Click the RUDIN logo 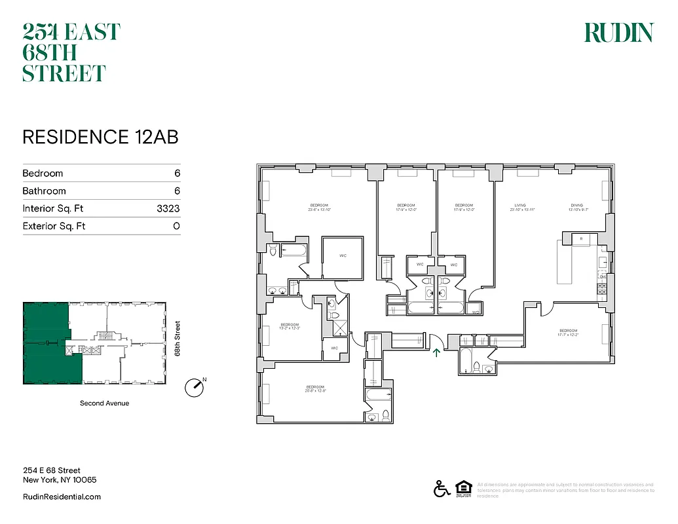[x=618, y=33]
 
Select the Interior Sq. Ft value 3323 [x=168, y=209]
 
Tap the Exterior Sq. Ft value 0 [x=176, y=227]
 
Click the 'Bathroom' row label [x=44, y=191]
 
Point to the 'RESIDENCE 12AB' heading [x=100, y=137]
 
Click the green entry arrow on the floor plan [x=436, y=354]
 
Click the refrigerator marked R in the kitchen [x=582, y=239]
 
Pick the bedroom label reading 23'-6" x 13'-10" [x=319, y=207]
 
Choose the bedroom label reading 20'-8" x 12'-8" [x=315, y=390]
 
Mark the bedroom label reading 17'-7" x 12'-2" [x=568, y=332]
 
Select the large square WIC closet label [x=343, y=256]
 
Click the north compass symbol [x=195, y=387]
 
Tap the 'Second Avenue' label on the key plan [x=104, y=403]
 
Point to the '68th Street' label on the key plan [x=177, y=339]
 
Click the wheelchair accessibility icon [x=442, y=489]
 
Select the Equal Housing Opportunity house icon [x=462, y=489]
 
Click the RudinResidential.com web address [x=62, y=497]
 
